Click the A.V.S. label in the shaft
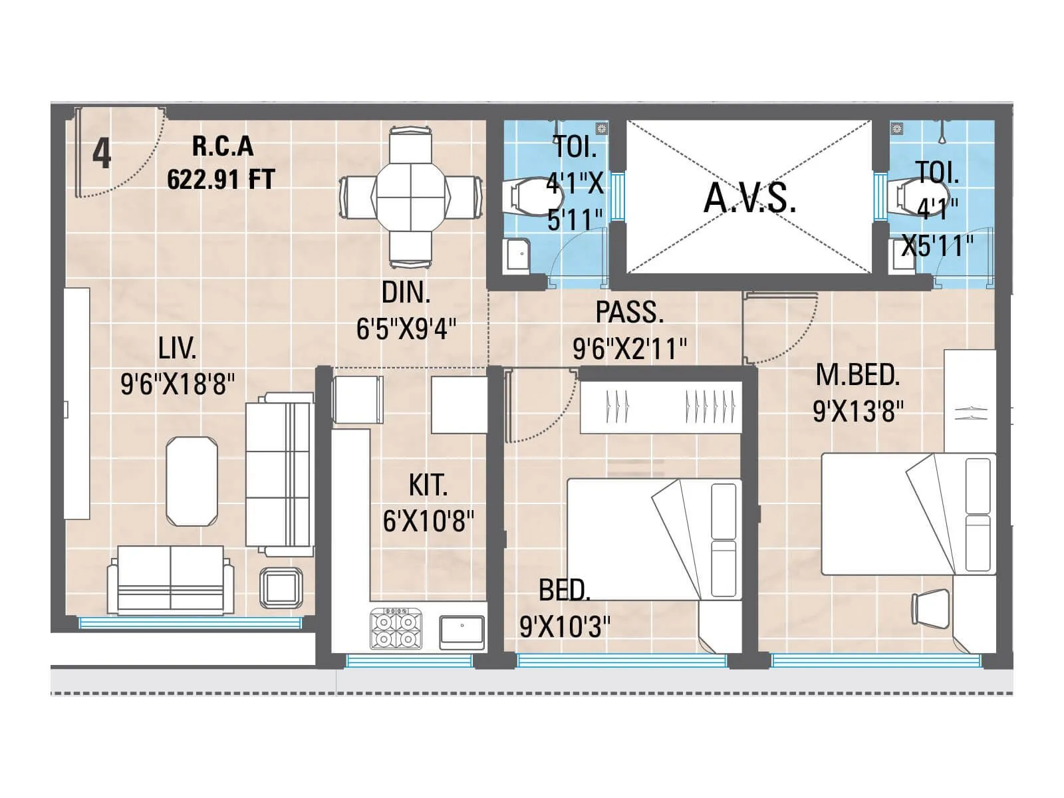749,198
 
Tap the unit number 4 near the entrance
101,154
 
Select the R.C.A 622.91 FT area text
221,163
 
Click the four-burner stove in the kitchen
395,628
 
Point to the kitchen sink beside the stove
462,630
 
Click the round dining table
410,198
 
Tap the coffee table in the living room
192,481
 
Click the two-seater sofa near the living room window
171,579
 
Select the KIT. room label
428,485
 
